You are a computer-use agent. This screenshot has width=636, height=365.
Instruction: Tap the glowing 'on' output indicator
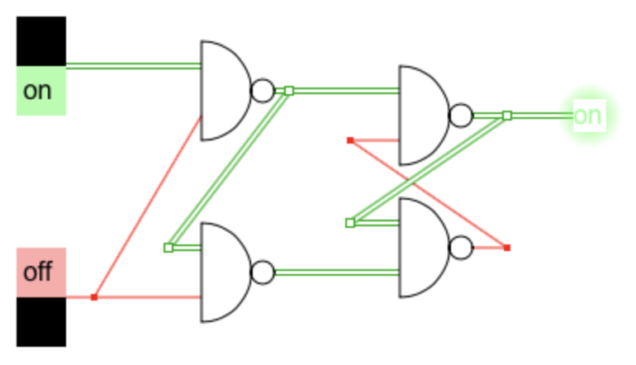point(587,115)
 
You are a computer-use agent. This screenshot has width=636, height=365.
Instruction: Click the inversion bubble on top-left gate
point(263,90)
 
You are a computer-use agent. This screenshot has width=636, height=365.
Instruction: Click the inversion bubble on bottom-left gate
point(263,272)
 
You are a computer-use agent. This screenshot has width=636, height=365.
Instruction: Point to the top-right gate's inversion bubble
point(461,115)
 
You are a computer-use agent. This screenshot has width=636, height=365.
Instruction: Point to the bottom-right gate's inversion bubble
point(461,247)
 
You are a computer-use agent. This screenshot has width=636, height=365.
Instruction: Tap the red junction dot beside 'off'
point(94,296)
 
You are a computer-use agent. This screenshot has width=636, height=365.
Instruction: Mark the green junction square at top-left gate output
point(288,90)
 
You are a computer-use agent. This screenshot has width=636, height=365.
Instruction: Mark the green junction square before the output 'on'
point(507,115)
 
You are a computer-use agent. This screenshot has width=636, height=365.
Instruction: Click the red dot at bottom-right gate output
point(506,247)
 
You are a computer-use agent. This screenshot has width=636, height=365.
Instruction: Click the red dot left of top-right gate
point(350,140)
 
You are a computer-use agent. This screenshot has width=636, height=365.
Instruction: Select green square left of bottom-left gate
point(168,247)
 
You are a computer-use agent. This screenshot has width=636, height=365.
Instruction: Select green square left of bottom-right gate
point(350,222)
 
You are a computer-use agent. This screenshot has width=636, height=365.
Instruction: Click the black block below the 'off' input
point(40,321)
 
